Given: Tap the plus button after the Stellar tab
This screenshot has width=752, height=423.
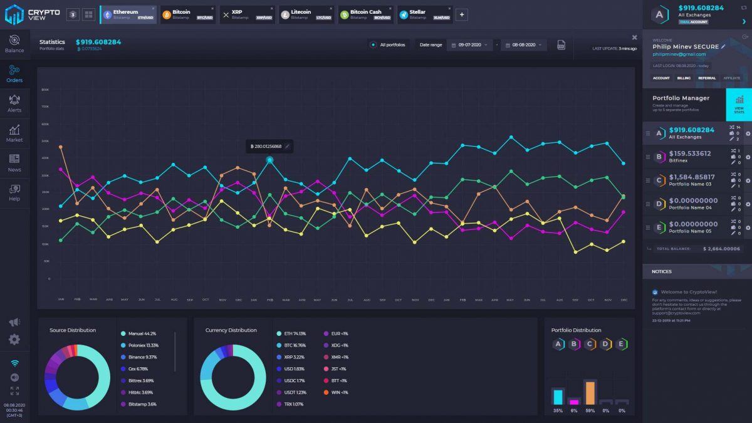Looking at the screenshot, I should [x=461, y=14].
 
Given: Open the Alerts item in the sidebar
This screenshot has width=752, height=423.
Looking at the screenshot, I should [x=14, y=103].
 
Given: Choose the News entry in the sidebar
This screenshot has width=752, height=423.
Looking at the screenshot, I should [x=14, y=163].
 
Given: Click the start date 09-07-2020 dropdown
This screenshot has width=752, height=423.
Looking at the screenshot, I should [x=469, y=45].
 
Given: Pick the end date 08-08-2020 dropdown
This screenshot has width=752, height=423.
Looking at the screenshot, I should [x=523, y=45].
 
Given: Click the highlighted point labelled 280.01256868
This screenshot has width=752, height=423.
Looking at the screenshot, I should [x=270, y=160].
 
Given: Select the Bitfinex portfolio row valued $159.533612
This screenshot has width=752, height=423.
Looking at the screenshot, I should [x=689, y=156].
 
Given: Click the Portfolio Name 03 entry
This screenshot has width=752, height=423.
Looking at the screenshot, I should [x=689, y=180].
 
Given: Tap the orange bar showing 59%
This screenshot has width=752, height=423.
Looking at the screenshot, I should [x=590, y=392].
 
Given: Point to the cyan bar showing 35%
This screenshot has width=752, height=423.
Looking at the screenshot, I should [x=557, y=397].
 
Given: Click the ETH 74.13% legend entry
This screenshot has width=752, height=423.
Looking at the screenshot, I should [x=295, y=333].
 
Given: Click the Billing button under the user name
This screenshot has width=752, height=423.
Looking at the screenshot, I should [x=684, y=78].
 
